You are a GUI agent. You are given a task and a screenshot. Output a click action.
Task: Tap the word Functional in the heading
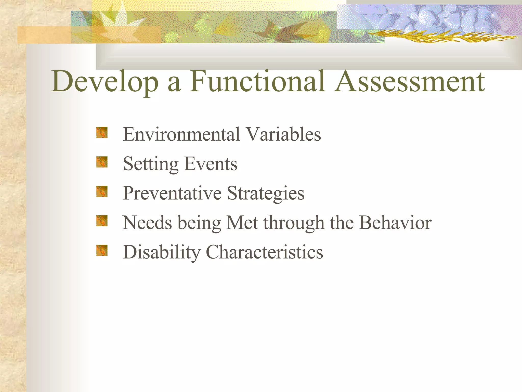[x=257, y=81]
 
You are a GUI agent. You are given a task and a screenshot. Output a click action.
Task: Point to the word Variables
[x=283, y=134]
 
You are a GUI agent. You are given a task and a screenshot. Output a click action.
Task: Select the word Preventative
[x=172, y=193]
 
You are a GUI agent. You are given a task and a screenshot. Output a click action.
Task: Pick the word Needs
[x=147, y=223]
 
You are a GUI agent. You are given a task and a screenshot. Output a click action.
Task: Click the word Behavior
[x=395, y=223]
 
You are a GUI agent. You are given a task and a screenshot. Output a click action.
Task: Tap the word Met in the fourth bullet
[x=242, y=223]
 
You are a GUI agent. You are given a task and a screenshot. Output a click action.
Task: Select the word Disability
[x=161, y=252]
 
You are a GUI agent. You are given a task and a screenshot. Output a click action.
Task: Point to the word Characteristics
[x=264, y=252]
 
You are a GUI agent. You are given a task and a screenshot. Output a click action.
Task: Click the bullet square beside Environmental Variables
[x=102, y=133]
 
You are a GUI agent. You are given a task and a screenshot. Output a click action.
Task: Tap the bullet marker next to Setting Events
[x=102, y=162]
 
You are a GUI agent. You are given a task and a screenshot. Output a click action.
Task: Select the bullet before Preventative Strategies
[x=102, y=192]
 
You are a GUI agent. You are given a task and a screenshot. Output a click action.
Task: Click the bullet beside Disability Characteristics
[x=102, y=250]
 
